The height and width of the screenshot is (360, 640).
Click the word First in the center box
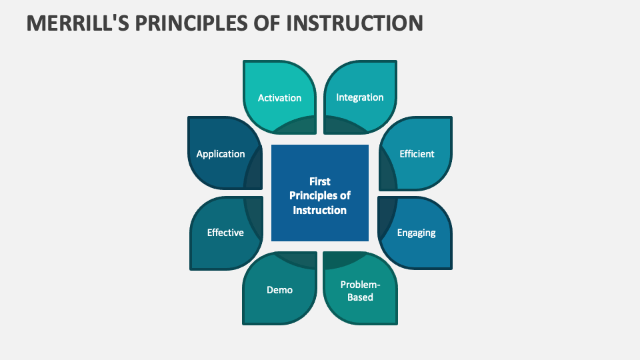pos(320,181)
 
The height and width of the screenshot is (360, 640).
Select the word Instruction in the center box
pos(320,210)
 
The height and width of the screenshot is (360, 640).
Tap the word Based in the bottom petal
pos(360,297)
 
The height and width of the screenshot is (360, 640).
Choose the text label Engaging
pos(416,233)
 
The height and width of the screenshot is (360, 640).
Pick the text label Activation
pos(279,97)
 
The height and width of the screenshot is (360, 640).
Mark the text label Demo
pos(279,289)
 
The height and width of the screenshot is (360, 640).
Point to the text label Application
pos(221,153)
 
